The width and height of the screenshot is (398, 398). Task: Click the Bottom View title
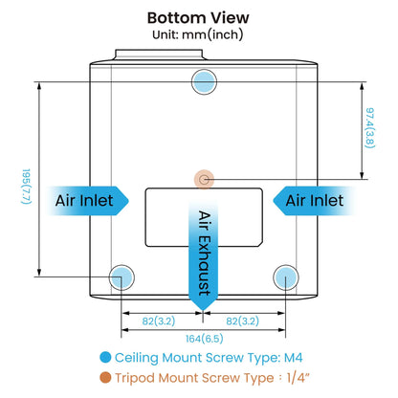[198, 18]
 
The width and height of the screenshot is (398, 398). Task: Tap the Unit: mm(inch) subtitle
[198, 34]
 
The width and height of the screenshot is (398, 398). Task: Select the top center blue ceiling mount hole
[204, 81]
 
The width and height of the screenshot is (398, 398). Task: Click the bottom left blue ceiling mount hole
[122, 277]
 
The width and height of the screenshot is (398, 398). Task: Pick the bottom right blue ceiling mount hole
[286, 277]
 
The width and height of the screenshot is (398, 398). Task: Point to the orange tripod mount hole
[204, 180]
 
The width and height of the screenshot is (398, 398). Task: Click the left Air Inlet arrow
[87, 201]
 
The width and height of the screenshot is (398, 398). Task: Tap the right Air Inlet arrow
[315, 201]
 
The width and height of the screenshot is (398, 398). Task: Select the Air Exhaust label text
[205, 253]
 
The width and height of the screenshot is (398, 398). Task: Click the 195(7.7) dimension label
[26, 187]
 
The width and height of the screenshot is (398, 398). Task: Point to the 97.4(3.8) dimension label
[370, 128]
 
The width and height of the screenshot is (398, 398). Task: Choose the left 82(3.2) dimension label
[159, 321]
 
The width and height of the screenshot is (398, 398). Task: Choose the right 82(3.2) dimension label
[242, 321]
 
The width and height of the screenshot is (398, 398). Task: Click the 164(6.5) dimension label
[205, 339]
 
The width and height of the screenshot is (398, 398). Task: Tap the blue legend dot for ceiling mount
[105, 357]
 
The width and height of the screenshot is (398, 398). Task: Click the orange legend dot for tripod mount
[105, 378]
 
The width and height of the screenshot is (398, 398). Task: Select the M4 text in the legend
[293, 358]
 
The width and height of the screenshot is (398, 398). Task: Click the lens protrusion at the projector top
[159, 55]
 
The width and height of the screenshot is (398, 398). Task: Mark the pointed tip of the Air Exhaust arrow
[203, 310]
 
